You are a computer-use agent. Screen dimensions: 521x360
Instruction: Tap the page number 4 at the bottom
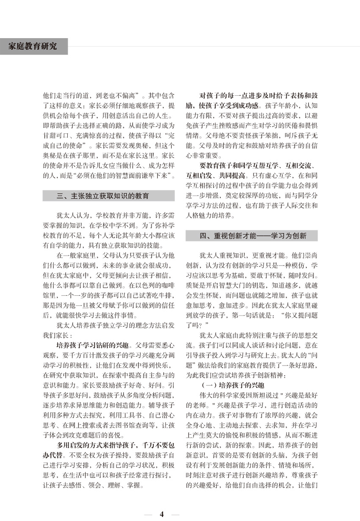click(x=162, y=514)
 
